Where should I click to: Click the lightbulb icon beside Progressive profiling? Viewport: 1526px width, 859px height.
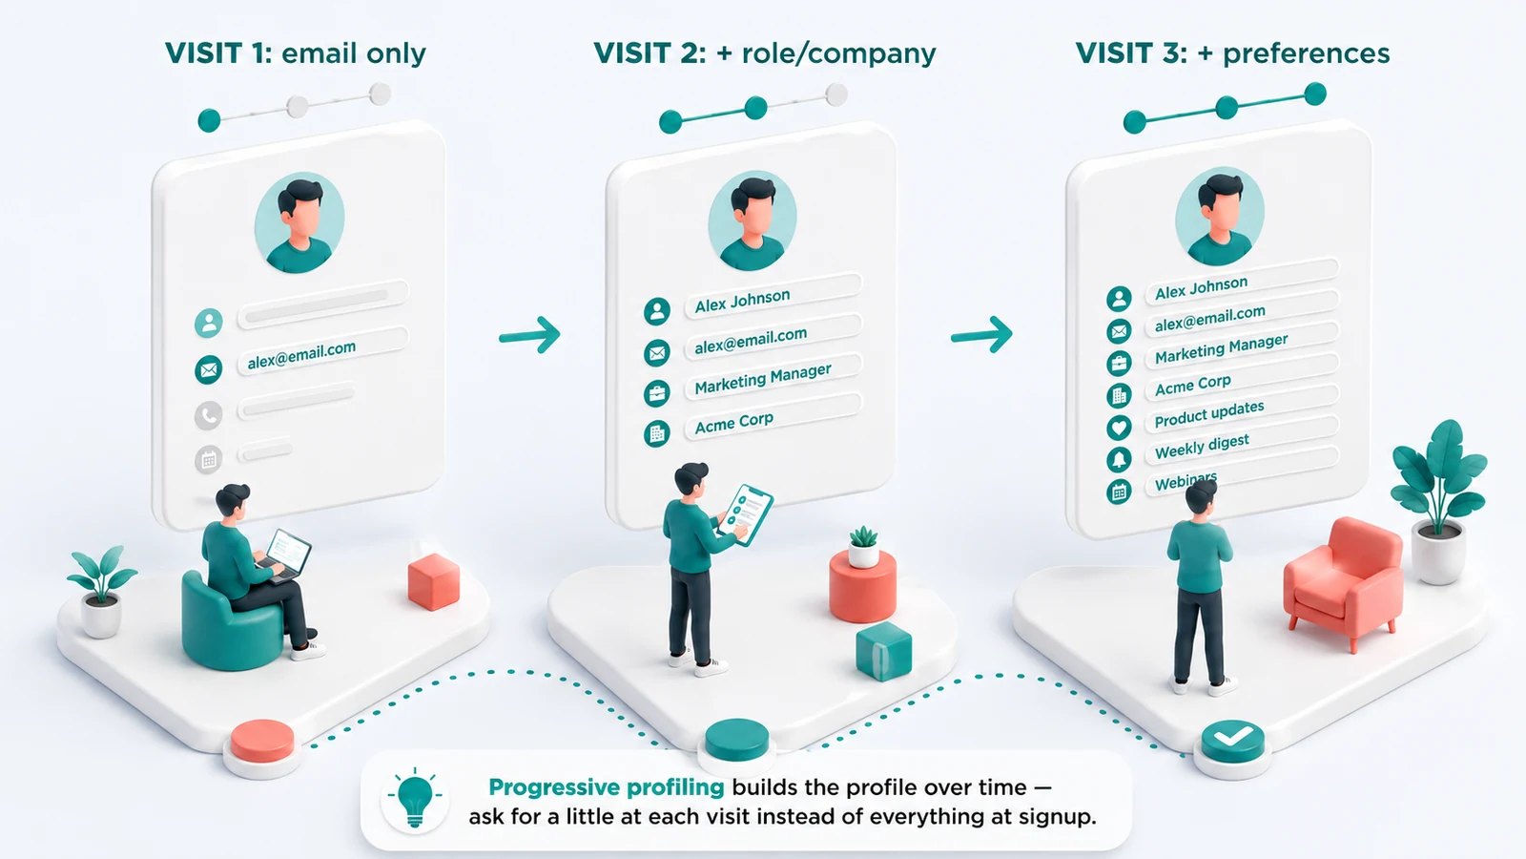[x=415, y=797]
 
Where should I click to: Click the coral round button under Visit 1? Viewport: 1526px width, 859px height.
[x=262, y=741]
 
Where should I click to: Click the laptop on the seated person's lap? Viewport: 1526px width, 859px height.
[x=287, y=555]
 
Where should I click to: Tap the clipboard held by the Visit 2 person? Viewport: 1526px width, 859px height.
[x=745, y=514]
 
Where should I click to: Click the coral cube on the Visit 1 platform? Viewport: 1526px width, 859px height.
[x=434, y=581]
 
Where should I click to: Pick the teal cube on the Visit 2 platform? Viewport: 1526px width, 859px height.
[x=883, y=651]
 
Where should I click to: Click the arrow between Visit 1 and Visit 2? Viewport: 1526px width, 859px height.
[x=529, y=335]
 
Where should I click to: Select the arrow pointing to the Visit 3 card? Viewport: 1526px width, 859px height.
[x=981, y=335]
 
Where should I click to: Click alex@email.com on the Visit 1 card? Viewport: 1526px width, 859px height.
[x=301, y=354]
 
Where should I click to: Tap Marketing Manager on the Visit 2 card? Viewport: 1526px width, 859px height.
[x=763, y=378]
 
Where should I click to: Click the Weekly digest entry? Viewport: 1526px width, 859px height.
[x=1202, y=446]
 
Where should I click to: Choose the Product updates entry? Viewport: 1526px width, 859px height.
[x=1209, y=414]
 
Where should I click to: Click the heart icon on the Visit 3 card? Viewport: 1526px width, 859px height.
[x=1119, y=428]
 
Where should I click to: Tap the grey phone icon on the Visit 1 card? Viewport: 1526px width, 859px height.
[x=209, y=414]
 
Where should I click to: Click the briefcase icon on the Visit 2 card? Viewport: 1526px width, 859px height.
[x=657, y=393]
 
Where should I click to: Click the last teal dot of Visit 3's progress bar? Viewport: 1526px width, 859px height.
[x=1315, y=94]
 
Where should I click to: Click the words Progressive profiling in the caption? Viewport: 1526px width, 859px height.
[x=607, y=788]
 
